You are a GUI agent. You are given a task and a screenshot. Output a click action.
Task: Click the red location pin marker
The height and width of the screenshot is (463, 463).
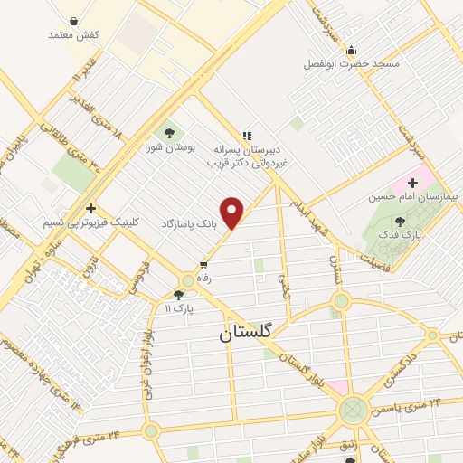(233, 213)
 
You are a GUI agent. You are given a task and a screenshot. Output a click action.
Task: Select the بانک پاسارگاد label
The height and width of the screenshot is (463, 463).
(191, 222)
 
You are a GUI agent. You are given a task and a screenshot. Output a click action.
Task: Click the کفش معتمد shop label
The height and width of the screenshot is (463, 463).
(75, 34)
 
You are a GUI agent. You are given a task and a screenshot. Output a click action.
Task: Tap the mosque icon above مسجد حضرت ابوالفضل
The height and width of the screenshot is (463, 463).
(351, 49)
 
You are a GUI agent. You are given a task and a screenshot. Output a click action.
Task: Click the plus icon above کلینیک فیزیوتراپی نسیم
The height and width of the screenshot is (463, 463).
(90, 208)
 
